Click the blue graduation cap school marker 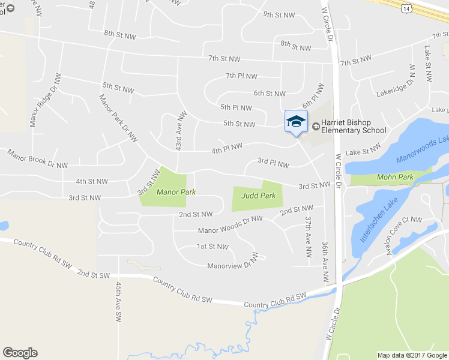pyautogui.click(x=295, y=122)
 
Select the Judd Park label pyautogui.click(x=258, y=196)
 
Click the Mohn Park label pyautogui.click(x=395, y=177)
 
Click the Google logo pyautogui.click(x=20, y=353)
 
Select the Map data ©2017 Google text pyautogui.click(x=412, y=355)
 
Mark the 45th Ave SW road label pyautogui.click(x=119, y=300)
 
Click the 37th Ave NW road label pyautogui.click(x=309, y=237)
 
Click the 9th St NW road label pyautogui.click(x=279, y=14)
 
